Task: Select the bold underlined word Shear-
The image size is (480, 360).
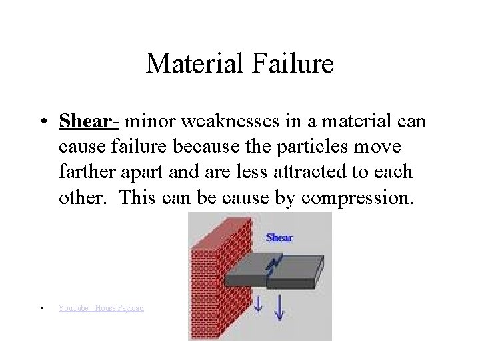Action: coord(89,122)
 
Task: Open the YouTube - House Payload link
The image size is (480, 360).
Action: coord(101,307)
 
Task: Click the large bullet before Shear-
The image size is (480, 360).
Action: coord(42,123)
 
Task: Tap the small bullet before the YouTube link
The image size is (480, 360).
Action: coord(41,307)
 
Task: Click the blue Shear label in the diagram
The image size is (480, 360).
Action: coord(279,237)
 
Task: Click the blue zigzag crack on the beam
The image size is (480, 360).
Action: coord(271,267)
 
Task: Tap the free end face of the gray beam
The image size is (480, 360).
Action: coord(319,273)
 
